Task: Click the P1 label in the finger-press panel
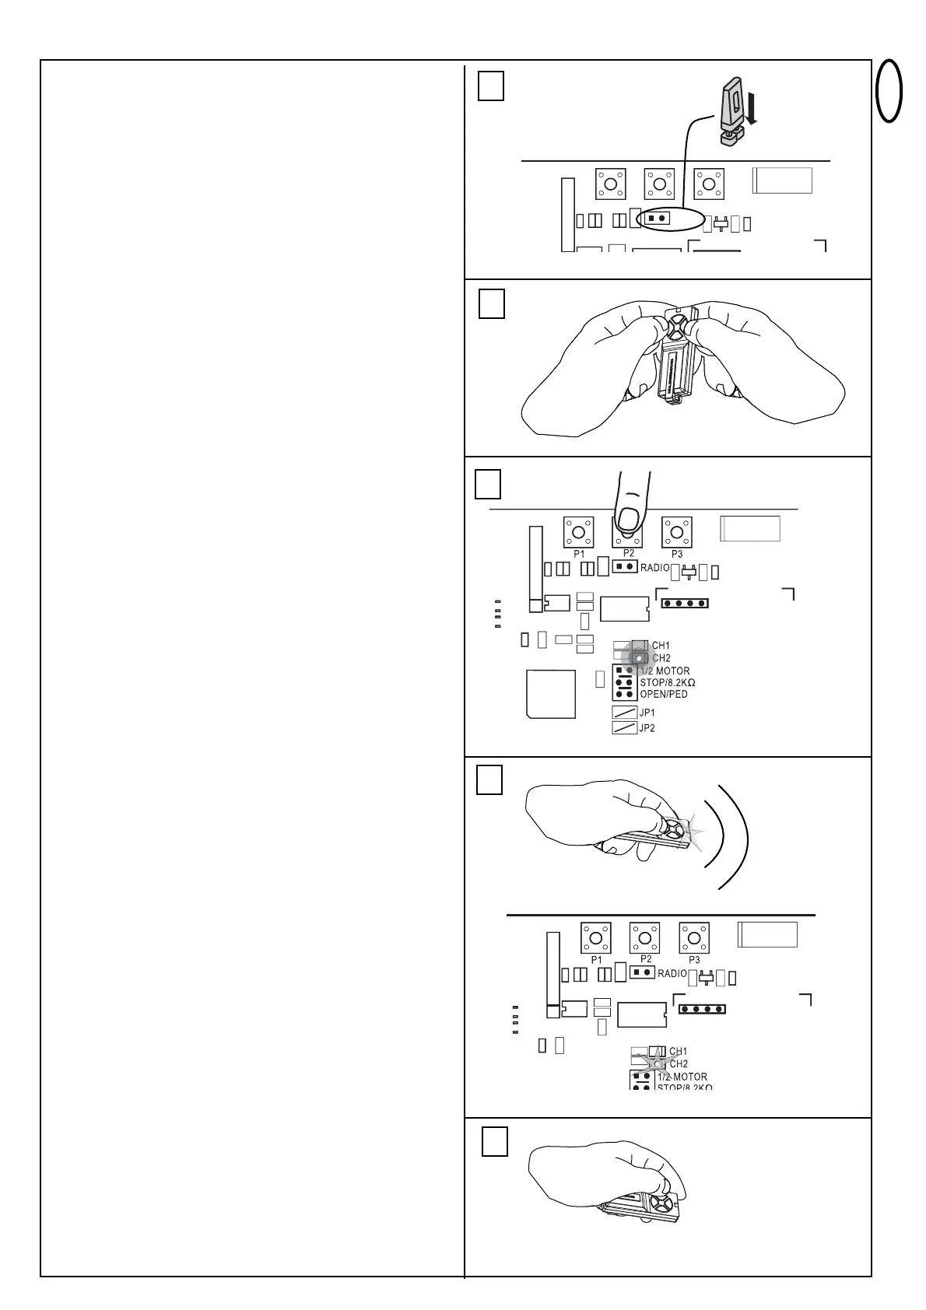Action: coord(579,554)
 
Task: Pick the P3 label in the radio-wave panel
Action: coord(695,960)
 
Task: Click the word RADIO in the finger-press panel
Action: coord(654,568)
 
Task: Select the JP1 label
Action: coord(647,713)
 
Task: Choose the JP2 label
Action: coord(647,728)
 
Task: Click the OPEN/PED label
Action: coord(664,694)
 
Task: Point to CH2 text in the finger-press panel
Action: coord(661,658)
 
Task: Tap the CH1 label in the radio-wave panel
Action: coord(678,1052)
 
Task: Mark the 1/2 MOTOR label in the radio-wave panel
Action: coord(682,1077)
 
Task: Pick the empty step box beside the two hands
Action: coord(492,303)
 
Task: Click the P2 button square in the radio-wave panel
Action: coord(644,937)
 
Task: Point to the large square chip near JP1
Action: coord(551,694)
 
